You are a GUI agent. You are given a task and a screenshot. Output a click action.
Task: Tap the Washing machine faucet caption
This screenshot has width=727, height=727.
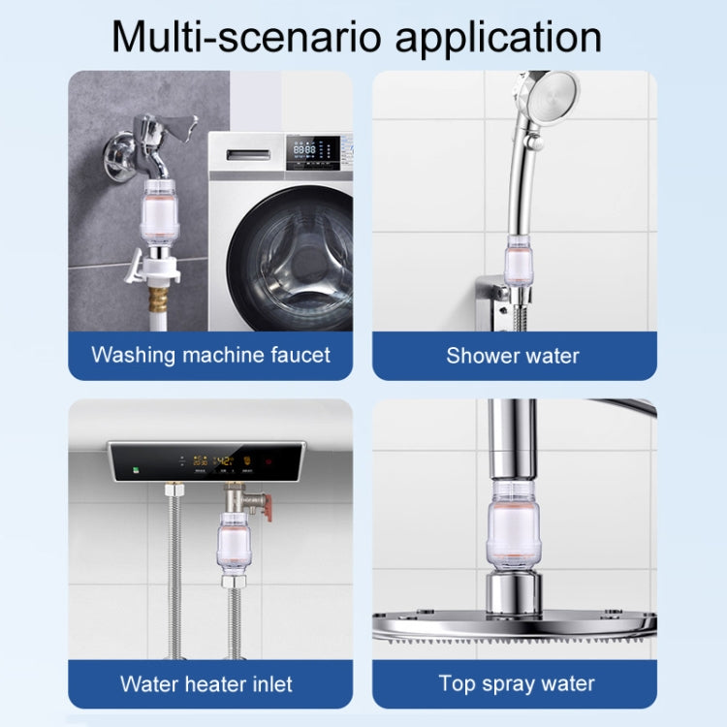coord(210,355)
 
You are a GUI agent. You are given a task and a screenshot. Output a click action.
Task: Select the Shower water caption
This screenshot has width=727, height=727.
coord(513,356)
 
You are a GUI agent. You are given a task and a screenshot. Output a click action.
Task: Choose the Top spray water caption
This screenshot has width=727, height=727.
coord(517,683)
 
